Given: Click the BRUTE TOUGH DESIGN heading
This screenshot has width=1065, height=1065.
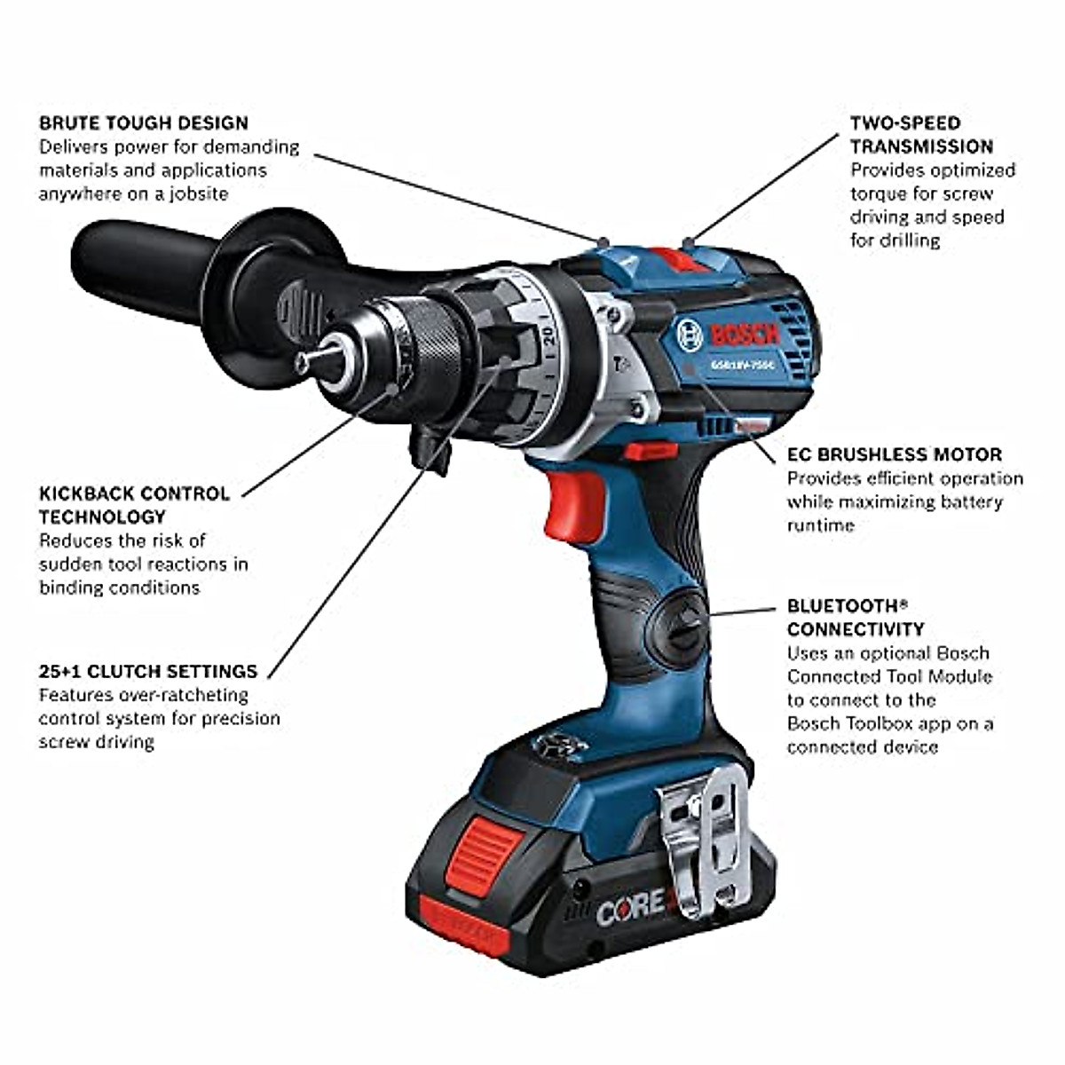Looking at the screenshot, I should tap(143, 122).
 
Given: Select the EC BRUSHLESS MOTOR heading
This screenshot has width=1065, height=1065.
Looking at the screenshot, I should tap(894, 454).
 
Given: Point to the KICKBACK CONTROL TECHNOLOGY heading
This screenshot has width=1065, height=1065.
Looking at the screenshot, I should tap(133, 505).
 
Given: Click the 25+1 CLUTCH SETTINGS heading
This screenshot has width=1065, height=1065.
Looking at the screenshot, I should tap(147, 671).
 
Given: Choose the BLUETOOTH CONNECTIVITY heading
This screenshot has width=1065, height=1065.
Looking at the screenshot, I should tap(855, 618).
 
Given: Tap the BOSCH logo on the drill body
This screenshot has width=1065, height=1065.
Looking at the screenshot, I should tap(744, 335).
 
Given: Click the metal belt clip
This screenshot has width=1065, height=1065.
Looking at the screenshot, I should tap(706, 839).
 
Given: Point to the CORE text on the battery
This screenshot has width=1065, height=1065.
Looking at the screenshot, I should tap(630, 907).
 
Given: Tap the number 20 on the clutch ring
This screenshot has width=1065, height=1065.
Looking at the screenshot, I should tap(548, 335).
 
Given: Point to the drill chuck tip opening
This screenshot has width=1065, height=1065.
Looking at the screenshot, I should tap(304, 362).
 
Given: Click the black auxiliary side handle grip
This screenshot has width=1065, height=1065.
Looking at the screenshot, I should tap(142, 266).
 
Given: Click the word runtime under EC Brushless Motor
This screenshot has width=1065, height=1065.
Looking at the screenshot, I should tap(820, 525).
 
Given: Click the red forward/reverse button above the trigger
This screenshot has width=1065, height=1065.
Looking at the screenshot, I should tap(651, 451).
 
